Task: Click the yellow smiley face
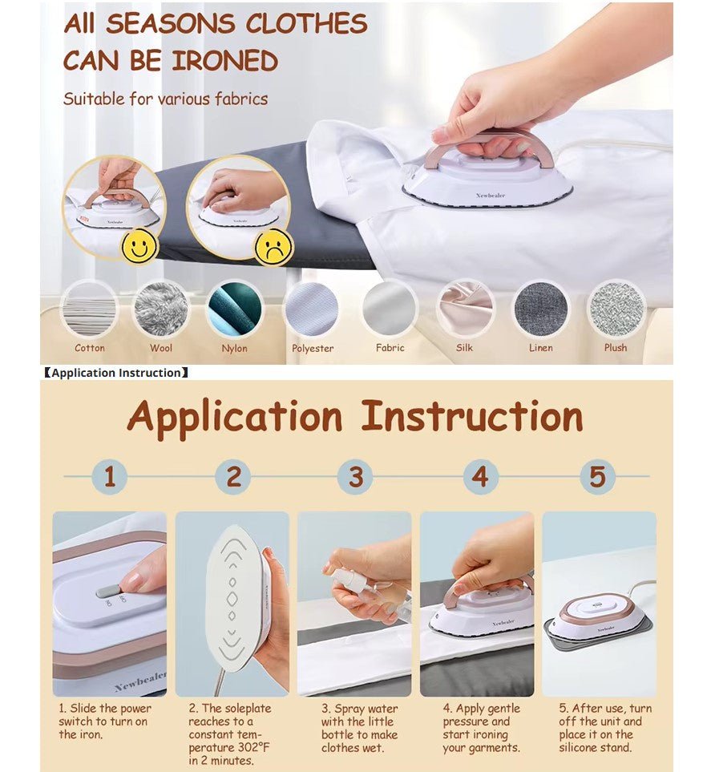[x=139, y=245]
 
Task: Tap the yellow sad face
[x=273, y=246]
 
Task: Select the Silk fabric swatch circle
[x=465, y=309]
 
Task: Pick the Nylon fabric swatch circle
[x=235, y=309]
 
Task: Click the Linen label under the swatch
[x=540, y=348]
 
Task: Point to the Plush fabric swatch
[x=616, y=309]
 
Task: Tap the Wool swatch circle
[x=161, y=309]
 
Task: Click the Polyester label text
[x=313, y=348]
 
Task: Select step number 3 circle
[x=356, y=477]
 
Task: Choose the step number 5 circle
[x=598, y=477]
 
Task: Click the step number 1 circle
[x=110, y=477]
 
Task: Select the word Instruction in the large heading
[x=472, y=416]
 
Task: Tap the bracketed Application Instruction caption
[x=116, y=373]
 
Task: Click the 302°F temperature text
[x=253, y=747]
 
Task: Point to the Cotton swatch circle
[x=90, y=309]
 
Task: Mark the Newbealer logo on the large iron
[x=491, y=196]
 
